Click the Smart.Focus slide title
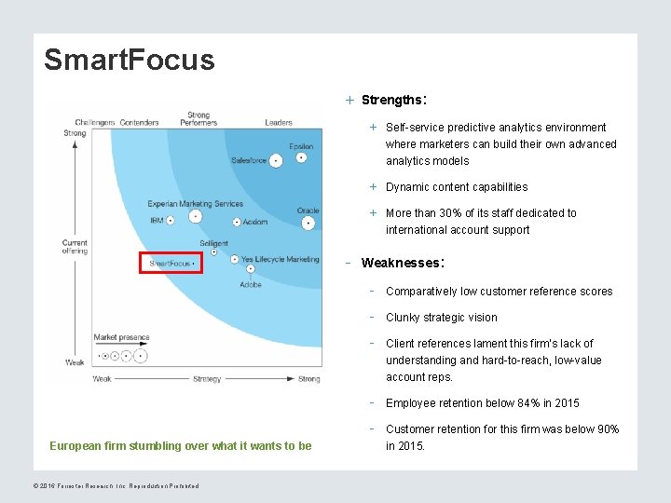tap(129, 60)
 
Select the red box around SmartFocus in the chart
tap(171, 263)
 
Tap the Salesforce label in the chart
tap(249, 160)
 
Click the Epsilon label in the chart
tap(301, 146)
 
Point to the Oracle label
tap(308, 211)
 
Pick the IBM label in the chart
tap(157, 221)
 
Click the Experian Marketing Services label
tap(195, 204)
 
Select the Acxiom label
tap(254, 222)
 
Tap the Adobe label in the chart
tap(251, 284)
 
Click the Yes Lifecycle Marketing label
tap(280, 259)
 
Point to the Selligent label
tap(213, 244)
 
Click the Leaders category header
tap(278, 122)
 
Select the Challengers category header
tap(94, 122)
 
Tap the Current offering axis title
tap(75, 247)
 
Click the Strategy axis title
tap(207, 379)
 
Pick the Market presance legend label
tap(121, 337)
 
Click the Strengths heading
tap(393, 100)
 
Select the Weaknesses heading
tap(400, 263)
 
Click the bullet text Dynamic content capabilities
tap(457, 187)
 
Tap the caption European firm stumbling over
tap(180, 445)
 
